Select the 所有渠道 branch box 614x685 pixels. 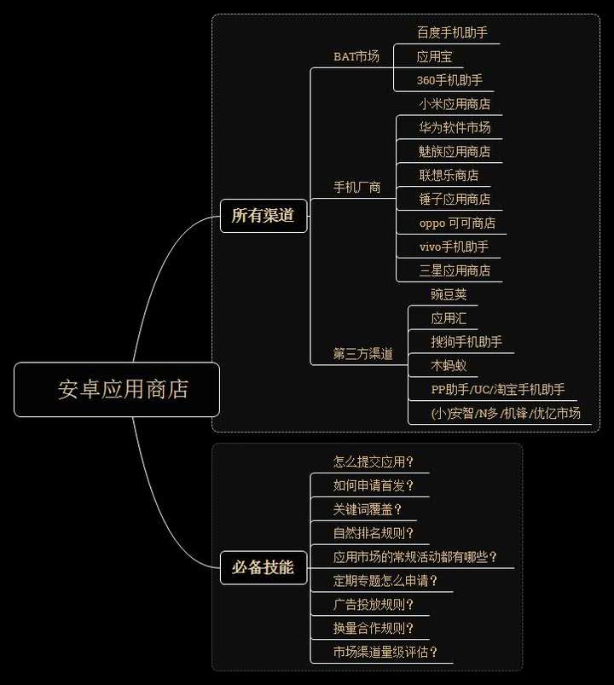[263, 216]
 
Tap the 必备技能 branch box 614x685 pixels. [263, 567]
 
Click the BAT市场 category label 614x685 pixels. [356, 56]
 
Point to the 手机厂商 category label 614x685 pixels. [356, 188]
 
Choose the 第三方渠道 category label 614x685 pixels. [362, 354]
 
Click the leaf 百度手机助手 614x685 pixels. [452, 32]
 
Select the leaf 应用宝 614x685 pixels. [434, 56]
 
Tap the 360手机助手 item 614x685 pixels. [449, 80]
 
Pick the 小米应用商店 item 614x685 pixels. [455, 104]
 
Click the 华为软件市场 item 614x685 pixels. [455, 128]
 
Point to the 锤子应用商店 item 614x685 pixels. [455, 199]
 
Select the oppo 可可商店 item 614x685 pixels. [457, 223]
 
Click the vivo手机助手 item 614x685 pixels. [454, 247]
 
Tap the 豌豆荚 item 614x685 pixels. [449, 294]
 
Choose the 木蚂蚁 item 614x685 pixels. [449, 366]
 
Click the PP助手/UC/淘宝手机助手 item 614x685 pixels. [498, 390]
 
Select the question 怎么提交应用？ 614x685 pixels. [374, 462]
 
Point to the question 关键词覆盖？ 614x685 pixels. [368, 509]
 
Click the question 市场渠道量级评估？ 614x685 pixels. [385, 653]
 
